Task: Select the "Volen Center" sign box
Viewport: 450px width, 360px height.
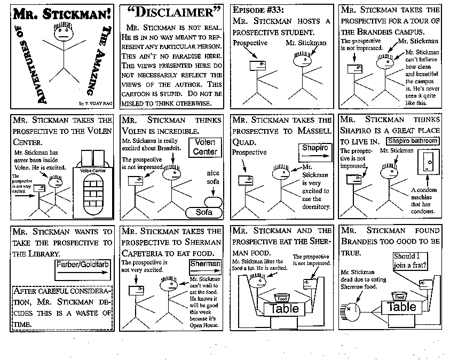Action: (205, 147)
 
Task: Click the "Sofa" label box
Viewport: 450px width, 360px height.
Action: (203, 212)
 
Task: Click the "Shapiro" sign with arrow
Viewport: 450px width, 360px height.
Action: (313, 150)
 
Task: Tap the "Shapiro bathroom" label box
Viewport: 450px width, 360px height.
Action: (413, 141)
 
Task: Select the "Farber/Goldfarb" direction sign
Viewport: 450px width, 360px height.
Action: (82, 270)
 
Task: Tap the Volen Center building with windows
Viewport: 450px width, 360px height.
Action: (97, 189)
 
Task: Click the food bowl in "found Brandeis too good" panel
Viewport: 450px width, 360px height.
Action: (399, 296)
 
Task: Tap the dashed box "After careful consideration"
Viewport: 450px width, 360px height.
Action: (62, 307)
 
